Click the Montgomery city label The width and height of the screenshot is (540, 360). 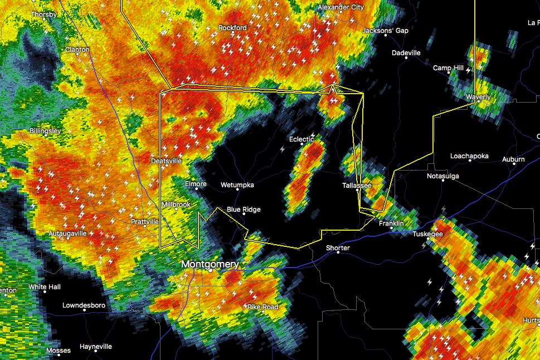(210, 264)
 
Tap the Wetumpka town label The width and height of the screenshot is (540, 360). (237, 184)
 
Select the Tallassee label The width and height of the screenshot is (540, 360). (357, 184)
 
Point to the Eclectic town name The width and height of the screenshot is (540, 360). (301, 139)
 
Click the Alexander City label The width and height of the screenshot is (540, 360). (340, 7)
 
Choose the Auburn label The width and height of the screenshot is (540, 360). (513, 159)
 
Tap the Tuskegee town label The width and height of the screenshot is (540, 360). (427, 234)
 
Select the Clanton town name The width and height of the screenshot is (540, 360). (77, 50)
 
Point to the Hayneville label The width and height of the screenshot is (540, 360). (96, 346)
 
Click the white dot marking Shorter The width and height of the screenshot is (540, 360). (338, 253)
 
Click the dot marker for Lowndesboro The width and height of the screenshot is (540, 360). (84, 310)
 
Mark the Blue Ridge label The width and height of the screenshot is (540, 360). (244, 210)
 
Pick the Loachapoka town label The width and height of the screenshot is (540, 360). (469, 156)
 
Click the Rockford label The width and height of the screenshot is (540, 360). (232, 28)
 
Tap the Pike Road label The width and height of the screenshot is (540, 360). (262, 307)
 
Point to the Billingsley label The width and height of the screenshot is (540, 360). (45, 132)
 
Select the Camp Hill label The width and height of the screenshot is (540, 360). (448, 68)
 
